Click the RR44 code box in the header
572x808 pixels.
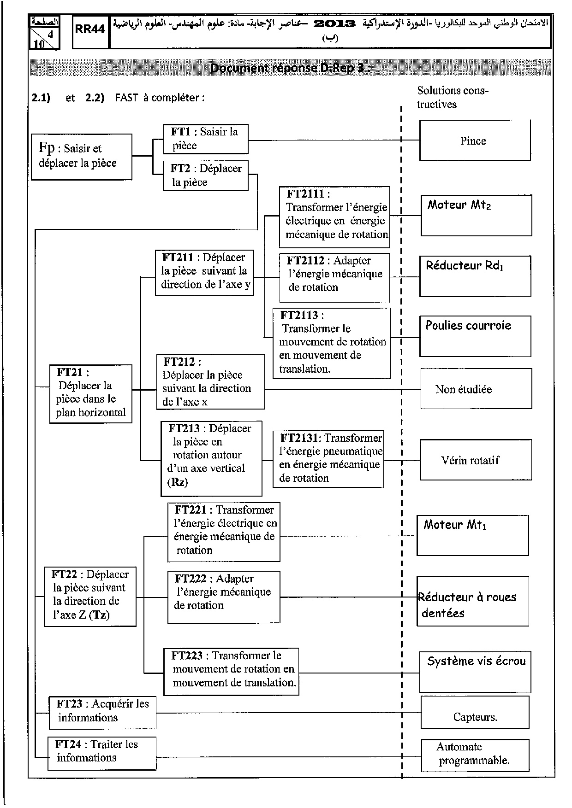coord(90,30)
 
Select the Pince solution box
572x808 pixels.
coord(475,141)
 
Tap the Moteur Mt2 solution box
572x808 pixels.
coord(476,215)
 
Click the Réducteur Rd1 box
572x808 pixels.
coord(475,276)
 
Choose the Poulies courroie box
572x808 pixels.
coord(475,336)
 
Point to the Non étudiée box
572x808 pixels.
coord(476,389)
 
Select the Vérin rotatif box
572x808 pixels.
coord(476,460)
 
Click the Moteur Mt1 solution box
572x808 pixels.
coord(472,535)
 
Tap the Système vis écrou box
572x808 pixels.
coord(475,672)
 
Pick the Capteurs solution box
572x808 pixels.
coord(475,712)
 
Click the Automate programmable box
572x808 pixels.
coord(475,755)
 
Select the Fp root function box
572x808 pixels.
coord(82,157)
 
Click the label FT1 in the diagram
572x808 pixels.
coord(181,132)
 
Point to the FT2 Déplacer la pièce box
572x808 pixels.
coord(206,176)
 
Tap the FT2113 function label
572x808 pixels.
coord(299,315)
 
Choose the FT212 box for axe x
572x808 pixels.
coord(210,381)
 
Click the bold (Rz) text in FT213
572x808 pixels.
coord(177,482)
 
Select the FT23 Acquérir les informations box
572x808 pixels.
coord(102,712)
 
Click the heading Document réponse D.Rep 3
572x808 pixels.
coord(290,68)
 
